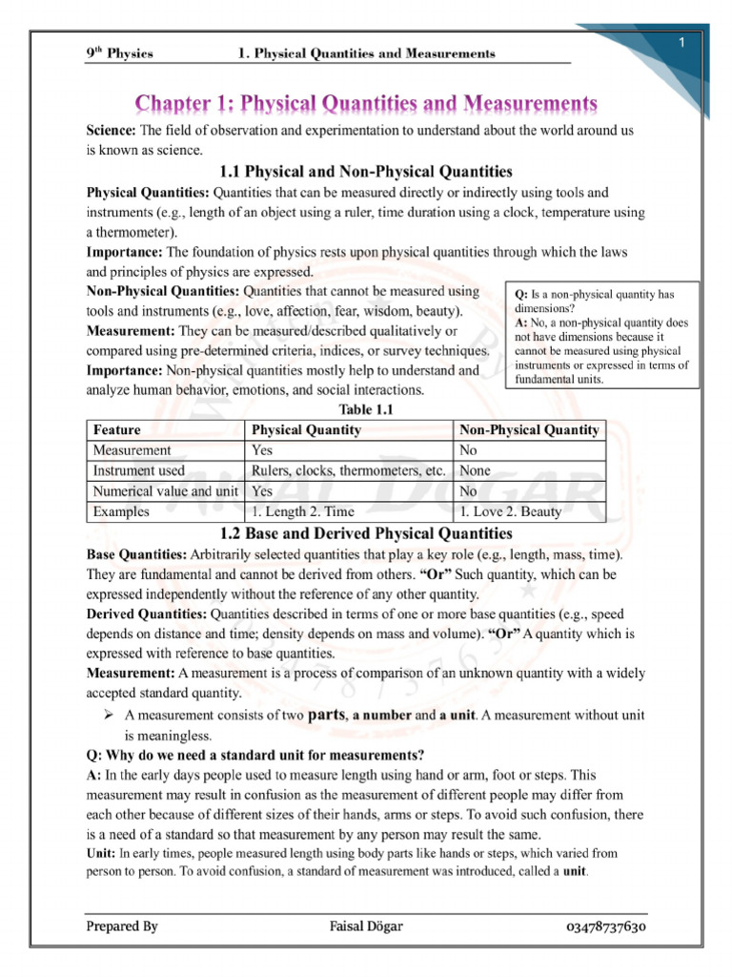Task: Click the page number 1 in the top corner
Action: click(x=682, y=44)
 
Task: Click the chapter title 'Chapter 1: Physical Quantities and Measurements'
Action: click(x=366, y=102)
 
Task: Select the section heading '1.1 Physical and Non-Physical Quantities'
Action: click(x=366, y=172)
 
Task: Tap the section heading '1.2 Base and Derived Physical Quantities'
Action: click(x=366, y=533)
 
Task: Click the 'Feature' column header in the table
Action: click(x=116, y=430)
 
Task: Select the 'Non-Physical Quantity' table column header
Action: click(x=529, y=430)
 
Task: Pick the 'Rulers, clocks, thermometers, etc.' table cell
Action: click(x=349, y=470)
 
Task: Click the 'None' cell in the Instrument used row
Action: click(x=476, y=470)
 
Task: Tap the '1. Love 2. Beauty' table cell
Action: click(x=510, y=511)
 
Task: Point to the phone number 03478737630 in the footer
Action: click(x=608, y=926)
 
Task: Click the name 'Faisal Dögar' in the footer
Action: click(x=365, y=926)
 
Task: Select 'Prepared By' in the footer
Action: click(x=122, y=926)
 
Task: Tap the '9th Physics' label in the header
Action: click(x=119, y=53)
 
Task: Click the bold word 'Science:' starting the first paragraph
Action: click(x=112, y=130)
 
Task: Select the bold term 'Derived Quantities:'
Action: click(x=147, y=613)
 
